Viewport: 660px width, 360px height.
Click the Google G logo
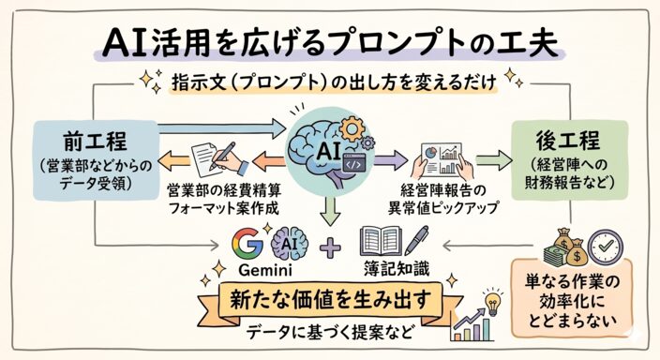(247, 243)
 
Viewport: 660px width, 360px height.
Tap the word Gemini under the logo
(265, 270)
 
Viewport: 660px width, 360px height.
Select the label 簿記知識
(397, 269)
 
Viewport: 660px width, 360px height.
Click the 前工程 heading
(95, 141)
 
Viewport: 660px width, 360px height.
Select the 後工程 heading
(568, 141)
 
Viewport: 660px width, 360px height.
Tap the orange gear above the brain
(352, 128)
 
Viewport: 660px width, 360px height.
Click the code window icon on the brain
(353, 163)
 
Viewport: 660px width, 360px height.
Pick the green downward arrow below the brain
(330, 211)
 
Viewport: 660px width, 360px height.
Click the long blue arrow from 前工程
(221, 128)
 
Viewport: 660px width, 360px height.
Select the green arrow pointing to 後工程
(494, 161)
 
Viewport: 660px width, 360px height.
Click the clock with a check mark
(606, 247)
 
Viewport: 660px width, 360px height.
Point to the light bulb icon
(491, 302)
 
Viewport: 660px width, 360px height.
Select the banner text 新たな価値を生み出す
(330, 299)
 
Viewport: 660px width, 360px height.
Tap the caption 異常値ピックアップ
(442, 207)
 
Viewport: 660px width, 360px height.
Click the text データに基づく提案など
(329, 332)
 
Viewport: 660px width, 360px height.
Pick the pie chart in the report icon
(430, 153)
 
